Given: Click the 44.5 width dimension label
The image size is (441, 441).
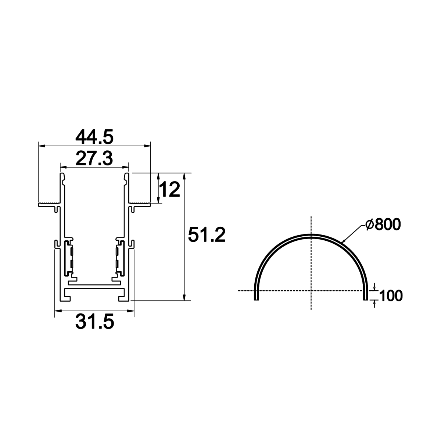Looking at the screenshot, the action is coord(94,137).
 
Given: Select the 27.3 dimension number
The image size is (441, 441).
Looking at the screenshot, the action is coord(94,158).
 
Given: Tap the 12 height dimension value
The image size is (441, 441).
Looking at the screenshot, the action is coord(169,189).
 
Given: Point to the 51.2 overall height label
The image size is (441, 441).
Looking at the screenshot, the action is coord(207,234).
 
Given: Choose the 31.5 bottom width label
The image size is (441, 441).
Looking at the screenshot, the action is coord(94,322).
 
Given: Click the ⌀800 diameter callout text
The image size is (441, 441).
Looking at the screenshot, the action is coord(383,224).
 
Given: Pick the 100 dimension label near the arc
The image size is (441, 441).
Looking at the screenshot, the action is coord(391,295).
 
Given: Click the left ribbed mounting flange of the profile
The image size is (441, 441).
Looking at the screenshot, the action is coord(49,204).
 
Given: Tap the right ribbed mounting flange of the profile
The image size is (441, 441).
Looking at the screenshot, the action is coord(139,204).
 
